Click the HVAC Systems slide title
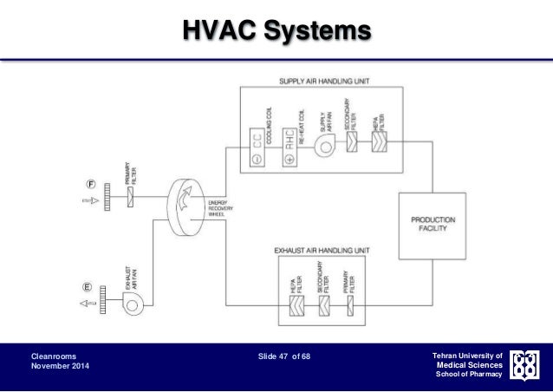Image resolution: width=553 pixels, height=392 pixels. click(276, 33)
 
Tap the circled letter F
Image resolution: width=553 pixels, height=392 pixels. click(89, 183)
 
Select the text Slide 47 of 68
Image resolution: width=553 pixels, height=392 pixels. click(276, 356)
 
